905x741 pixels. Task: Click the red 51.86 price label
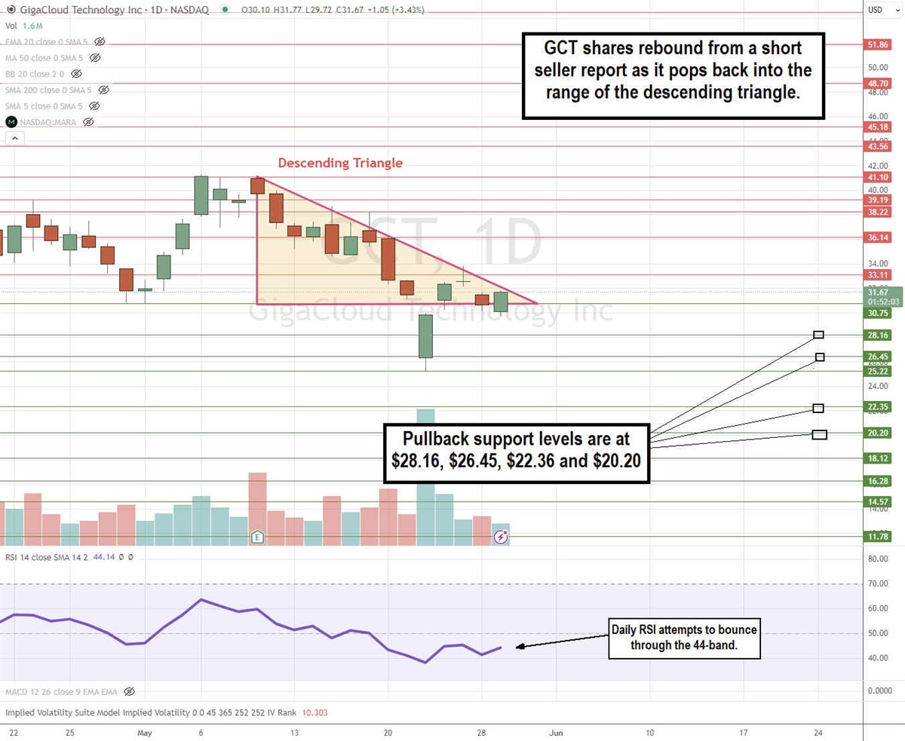(879, 45)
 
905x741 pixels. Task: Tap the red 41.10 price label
(879, 178)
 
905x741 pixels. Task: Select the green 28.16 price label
(879, 335)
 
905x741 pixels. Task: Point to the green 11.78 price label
(879, 537)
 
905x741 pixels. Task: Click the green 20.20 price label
(879, 433)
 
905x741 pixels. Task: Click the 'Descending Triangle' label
(340, 163)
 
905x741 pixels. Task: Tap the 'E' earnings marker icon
(258, 537)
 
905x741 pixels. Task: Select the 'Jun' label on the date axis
(556, 732)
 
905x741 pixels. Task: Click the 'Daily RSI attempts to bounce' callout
(685, 637)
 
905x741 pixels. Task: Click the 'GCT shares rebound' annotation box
(673, 75)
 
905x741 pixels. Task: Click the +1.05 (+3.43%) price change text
(396, 10)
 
